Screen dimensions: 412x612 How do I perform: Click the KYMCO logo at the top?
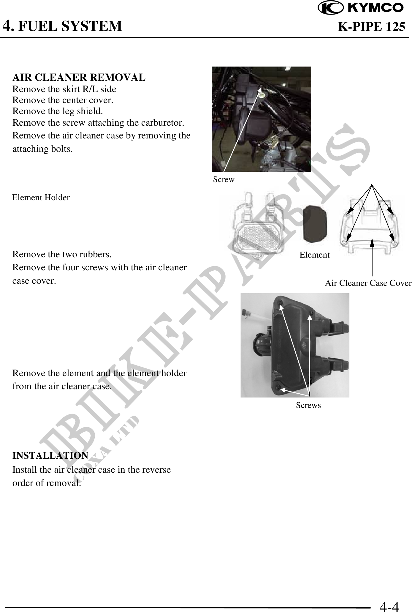click(x=360, y=8)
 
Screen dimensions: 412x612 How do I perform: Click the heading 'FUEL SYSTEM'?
click(x=70, y=26)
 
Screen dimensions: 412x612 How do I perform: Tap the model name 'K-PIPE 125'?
click(x=372, y=27)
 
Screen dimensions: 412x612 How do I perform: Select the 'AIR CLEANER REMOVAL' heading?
click(x=79, y=77)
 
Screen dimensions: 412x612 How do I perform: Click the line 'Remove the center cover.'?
click(x=63, y=100)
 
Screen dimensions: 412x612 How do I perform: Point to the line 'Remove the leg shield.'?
click(x=58, y=111)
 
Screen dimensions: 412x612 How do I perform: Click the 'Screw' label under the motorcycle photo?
click(x=224, y=179)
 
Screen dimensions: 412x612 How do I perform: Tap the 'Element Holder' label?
click(x=41, y=198)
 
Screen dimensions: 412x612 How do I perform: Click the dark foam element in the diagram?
click(x=315, y=223)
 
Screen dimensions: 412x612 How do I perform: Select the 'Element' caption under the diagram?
click(x=315, y=255)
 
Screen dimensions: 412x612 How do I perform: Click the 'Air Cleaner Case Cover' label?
click(x=368, y=283)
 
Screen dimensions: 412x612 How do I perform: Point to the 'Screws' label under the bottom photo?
click(x=308, y=405)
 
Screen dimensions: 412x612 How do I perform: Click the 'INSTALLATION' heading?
click(x=50, y=455)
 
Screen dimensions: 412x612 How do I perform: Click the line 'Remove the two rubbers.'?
click(x=62, y=255)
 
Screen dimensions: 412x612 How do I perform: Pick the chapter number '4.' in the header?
click(x=8, y=26)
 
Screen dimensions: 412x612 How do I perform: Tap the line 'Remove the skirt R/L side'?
click(x=64, y=89)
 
